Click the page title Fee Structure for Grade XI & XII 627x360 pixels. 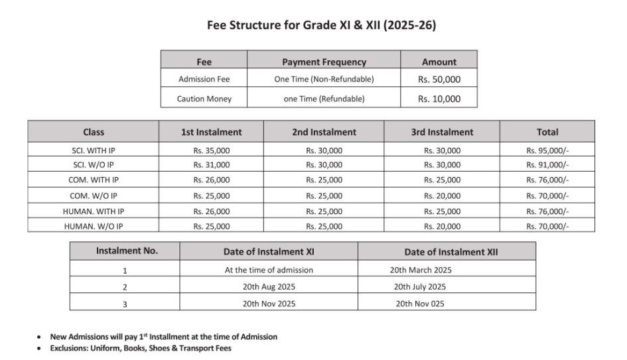313,26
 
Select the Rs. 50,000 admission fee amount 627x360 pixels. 439,79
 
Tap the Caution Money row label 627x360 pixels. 204,99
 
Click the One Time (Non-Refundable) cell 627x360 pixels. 324,79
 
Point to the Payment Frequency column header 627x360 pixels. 324,62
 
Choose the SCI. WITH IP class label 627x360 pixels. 94,150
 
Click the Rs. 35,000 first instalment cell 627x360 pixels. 211,150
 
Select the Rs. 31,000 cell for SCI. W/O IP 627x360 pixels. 211,165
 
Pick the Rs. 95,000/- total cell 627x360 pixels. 547,150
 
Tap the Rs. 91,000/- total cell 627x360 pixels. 547,165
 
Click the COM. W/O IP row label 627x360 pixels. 94,196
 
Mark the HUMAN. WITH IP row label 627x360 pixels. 94,211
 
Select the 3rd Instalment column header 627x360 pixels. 442,132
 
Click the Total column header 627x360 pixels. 547,132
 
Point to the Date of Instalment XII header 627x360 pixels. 446,252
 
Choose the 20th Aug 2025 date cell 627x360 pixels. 269,287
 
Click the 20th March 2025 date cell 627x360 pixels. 420,270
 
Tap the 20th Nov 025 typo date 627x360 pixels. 420,304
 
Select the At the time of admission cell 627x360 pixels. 269,270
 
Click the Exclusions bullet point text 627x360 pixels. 140,348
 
